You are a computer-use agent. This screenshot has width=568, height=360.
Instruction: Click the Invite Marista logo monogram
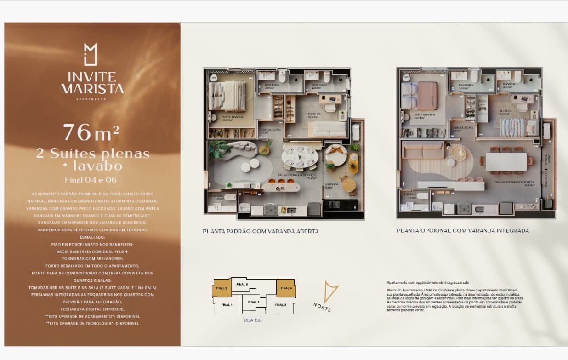click(x=91, y=54)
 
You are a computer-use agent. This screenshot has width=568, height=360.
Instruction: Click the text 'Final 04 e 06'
click(x=91, y=179)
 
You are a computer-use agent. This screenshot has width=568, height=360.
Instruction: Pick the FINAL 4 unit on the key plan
click(x=285, y=288)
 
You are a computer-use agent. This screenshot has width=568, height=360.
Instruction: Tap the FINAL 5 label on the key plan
click(x=242, y=284)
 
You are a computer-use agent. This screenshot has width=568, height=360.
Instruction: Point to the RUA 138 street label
click(x=253, y=321)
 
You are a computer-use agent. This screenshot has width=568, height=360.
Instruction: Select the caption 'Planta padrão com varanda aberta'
click(x=261, y=231)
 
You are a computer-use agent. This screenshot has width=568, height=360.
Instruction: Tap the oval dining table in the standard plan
click(x=300, y=155)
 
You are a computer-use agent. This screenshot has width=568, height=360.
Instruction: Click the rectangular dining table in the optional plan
click(x=506, y=161)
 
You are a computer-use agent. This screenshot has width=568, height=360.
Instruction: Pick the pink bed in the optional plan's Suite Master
click(x=419, y=96)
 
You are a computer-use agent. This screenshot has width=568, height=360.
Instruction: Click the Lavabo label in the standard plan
click(x=216, y=195)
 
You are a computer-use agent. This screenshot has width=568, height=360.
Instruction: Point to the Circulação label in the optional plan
click(x=463, y=128)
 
